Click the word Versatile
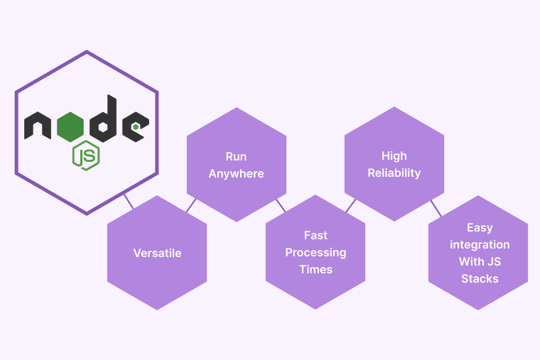pos(157,253)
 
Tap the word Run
pos(236,156)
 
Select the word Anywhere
pos(236,173)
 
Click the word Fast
pos(315,235)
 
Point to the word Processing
pos(315,252)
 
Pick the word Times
pos(315,269)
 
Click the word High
pos(394,156)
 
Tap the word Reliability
pos(394,173)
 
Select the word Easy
pos(480,227)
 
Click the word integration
pos(480,244)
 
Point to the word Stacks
pos(480,278)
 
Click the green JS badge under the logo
pos(85,156)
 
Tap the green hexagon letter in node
pos(70,126)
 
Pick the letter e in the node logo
pos(134,126)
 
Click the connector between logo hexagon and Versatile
pos(129,201)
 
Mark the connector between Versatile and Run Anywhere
pos(190,204)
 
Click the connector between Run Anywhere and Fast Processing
pos(281,204)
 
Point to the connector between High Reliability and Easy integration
pos(436,207)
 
